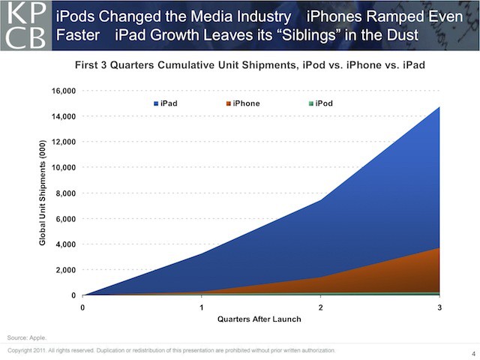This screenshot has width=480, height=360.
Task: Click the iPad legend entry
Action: coord(167,103)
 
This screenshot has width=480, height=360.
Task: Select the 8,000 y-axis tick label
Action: coord(66,193)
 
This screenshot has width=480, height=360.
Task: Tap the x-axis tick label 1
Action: coord(202,307)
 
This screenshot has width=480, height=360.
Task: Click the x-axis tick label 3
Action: coord(439,307)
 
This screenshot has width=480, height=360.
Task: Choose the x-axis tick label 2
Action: coord(321,307)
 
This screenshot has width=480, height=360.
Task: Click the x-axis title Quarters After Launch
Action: coord(259,319)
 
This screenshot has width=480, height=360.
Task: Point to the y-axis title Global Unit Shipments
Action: coord(44,193)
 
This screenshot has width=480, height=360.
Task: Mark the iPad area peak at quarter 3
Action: coord(439,108)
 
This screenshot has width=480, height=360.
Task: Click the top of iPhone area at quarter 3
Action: coord(439,248)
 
